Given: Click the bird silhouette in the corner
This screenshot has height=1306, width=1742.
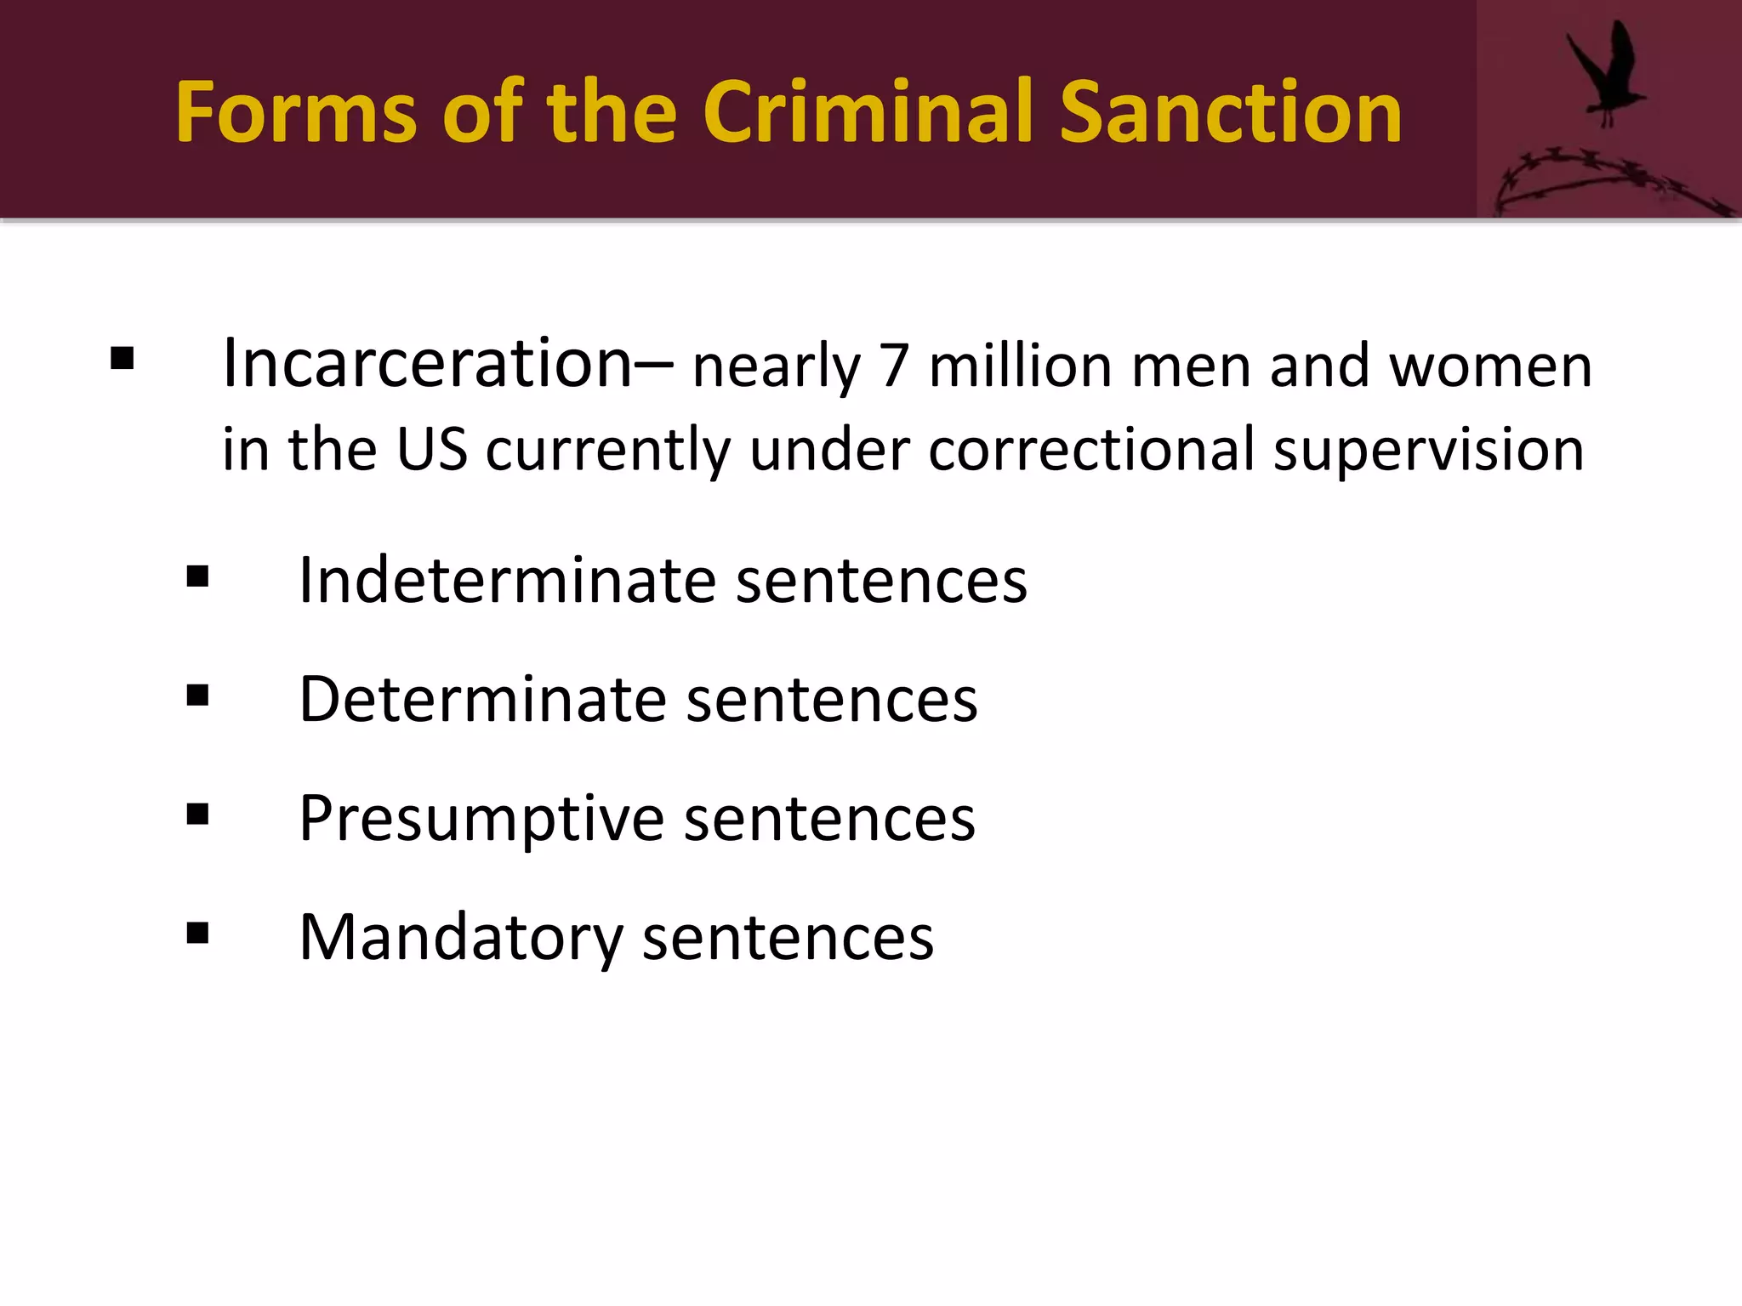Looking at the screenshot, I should (1605, 75).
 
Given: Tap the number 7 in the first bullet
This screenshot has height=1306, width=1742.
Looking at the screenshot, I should (894, 367).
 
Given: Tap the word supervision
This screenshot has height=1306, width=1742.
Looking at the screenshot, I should (1429, 451).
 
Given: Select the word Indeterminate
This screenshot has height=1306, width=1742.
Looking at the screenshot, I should (508, 581).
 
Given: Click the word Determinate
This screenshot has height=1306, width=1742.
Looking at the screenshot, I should (483, 700).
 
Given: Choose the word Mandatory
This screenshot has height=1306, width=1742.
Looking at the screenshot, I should (461, 938).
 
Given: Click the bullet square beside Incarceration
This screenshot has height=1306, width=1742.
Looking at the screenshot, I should (122, 359).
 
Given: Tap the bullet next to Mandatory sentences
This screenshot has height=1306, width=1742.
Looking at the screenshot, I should (197, 934).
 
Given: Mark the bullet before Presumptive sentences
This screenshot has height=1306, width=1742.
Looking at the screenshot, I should (197, 815).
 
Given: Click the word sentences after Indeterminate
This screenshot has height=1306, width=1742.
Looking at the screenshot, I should (881, 581).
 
